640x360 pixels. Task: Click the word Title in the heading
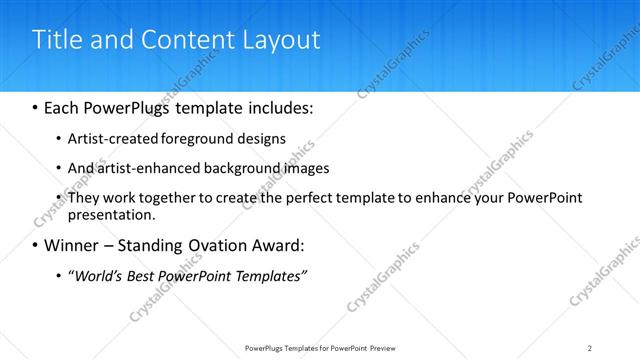coord(58,41)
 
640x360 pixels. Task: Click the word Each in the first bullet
coord(65,106)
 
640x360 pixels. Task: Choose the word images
coord(299,168)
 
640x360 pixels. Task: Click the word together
coord(154,198)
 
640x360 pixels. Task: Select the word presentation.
coord(111,214)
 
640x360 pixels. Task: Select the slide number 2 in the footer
coord(590,348)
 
